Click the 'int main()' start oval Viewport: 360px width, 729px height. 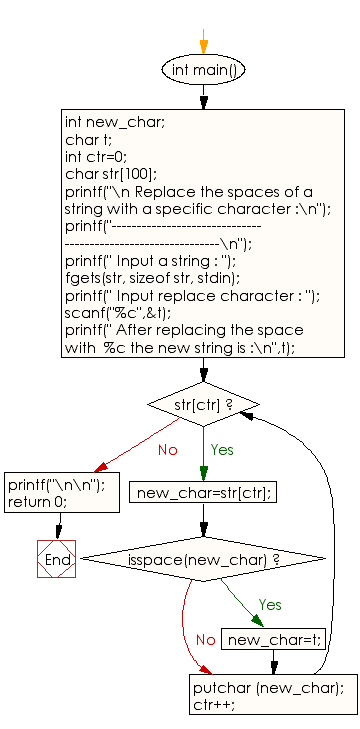pyautogui.click(x=203, y=70)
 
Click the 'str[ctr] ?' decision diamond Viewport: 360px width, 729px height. pyautogui.click(x=203, y=404)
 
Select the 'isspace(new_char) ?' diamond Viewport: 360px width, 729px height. pyautogui.click(x=203, y=559)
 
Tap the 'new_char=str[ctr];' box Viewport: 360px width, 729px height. pyautogui.click(x=204, y=492)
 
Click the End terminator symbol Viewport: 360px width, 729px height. pyautogui.click(x=58, y=560)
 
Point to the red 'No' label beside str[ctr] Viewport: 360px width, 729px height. pyautogui.click(x=169, y=450)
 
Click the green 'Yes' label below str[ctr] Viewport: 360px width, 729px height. pyautogui.click(x=222, y=450)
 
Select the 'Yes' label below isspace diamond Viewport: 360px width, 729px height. pyautogui.click(x=270, y=605)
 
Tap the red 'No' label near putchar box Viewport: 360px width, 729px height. pyautogui.click(x=206, y=639)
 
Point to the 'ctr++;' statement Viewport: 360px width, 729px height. pyautogui.click(x=213, y=703)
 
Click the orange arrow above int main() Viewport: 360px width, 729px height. pyautogui.click(x=203, y=43)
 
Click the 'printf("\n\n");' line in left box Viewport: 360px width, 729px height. pyautogui.click(x=56, y=485)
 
